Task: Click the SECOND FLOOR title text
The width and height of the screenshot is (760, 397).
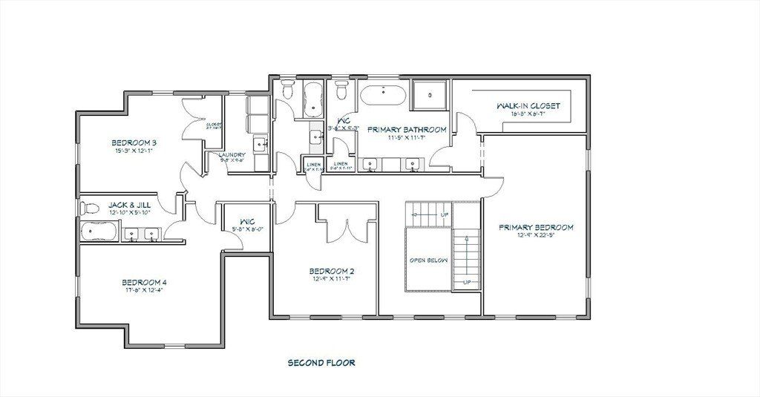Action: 321,363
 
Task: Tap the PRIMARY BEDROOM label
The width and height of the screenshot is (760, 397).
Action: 536,227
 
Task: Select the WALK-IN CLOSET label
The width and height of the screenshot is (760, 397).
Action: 528,106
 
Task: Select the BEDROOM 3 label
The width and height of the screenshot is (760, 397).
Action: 134,142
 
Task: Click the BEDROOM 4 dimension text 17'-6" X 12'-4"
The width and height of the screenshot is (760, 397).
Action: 144,291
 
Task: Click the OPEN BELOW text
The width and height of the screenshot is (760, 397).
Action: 427,261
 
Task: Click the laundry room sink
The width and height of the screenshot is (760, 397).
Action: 260,144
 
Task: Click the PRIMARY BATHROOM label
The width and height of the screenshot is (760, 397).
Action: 407,129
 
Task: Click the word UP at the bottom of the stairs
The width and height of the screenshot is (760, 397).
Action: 466,282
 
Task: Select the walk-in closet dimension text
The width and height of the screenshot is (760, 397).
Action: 528,114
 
